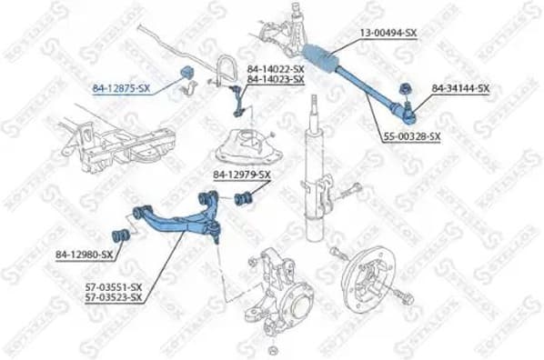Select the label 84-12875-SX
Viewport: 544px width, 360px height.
(121, 88)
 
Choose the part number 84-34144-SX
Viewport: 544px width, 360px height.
(460, 88)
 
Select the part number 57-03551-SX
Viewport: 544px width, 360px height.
(113, 286)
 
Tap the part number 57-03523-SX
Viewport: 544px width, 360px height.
(113, 297)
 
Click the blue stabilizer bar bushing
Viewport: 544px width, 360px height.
(191, 73)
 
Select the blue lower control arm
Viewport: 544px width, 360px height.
(182, 218)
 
